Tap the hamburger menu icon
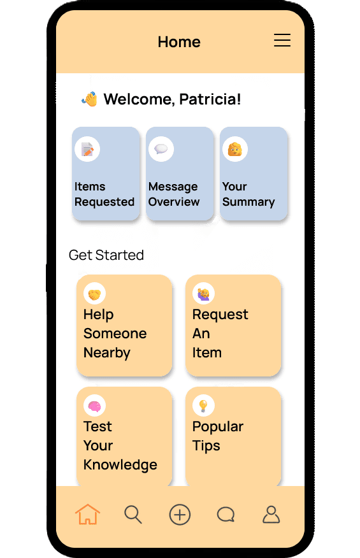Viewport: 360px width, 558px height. click(282, 40)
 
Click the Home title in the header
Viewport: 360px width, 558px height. click(179, 42)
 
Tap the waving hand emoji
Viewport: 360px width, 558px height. click(90, 99)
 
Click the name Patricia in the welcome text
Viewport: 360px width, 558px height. click(210, 99)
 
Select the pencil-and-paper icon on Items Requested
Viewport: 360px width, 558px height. click(87, 149)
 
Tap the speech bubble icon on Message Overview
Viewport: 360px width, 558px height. click(161, 149)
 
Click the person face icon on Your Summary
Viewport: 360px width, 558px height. click(235, 149)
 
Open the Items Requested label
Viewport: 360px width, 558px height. click(104, 194)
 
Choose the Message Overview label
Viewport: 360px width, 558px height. click(174, 194)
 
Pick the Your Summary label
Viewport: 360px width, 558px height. click(248, 194)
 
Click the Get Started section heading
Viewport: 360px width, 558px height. click(106, 255)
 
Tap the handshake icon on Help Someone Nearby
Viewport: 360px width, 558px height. click(94, 294)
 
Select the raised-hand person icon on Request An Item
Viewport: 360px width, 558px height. click(203, 294)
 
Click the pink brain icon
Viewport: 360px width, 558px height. click(94, 406)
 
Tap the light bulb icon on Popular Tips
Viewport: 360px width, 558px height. click(203, 406)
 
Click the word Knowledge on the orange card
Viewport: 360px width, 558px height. click(120, 465)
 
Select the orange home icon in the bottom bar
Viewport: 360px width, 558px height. click(87, 514)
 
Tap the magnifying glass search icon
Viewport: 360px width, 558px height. click(133, 515)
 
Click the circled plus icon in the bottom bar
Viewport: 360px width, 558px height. click(180, 515)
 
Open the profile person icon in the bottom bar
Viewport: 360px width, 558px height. click(271, 515)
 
